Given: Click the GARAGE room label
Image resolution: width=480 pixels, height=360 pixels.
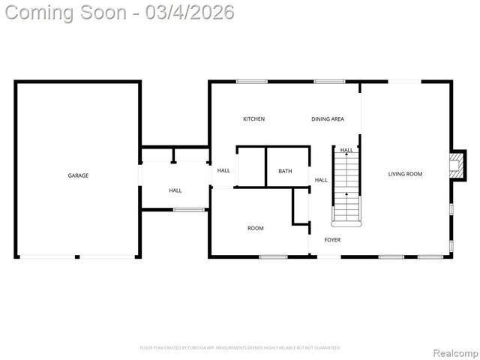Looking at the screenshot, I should [x=78, y=175].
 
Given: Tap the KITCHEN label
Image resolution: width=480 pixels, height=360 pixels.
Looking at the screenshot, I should [x=253, y=119].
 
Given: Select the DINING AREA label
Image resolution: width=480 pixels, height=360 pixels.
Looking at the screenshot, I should [x=328, y=119].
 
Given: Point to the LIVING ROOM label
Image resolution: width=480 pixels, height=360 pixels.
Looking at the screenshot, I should [x=405, y=174].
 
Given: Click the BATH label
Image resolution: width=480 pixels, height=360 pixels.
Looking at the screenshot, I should [x=285, y=171].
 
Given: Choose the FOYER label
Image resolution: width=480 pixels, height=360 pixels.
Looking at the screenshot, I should [x=332, y=240].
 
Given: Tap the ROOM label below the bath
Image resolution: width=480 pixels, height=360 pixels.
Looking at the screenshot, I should [x=256, y=228].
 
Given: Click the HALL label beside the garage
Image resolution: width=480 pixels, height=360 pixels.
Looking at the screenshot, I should [x=175, y=190].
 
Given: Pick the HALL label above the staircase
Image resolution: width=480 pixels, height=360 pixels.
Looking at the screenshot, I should [x=346, y=150].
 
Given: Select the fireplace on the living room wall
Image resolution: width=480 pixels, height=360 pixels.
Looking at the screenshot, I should [x=454, y=166].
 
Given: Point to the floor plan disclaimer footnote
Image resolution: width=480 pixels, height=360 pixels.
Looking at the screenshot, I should [x=240, y=348].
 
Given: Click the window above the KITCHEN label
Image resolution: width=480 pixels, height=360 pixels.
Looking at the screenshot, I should [x=251, y=82].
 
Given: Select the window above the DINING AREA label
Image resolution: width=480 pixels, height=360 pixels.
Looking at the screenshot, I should [x=329, y=82].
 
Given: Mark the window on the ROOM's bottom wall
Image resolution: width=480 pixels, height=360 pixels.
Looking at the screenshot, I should [x=273, y=257].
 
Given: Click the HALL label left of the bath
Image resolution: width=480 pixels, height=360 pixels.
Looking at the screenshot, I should [x=223, y=170].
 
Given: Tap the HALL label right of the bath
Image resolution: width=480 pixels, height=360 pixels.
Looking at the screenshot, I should [x=321, y=180].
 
